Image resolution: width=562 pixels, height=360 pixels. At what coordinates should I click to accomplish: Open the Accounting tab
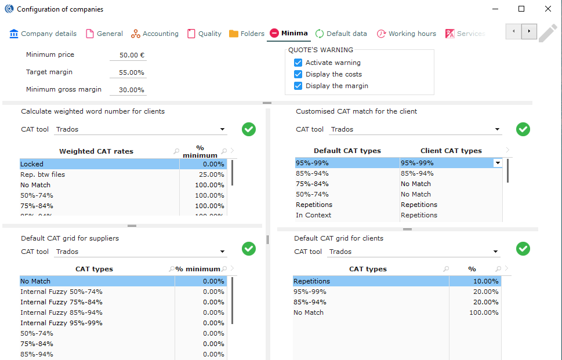coord(155,34)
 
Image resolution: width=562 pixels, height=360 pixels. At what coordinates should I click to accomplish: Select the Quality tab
coord(204,34)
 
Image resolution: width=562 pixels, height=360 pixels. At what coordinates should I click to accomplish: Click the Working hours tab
coord(407,34)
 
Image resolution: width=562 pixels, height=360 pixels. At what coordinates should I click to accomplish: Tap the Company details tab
coord(43,34)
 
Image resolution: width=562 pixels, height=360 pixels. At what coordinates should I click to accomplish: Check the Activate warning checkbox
coord(298,63)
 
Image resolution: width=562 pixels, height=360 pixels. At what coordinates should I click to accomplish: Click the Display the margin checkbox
coord(298,86)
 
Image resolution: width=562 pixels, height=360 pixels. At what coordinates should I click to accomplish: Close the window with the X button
coord(548,9)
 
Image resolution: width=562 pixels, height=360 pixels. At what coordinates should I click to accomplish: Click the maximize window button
coord(521,9)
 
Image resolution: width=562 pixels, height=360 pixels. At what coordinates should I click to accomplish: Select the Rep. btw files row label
coord(42,174)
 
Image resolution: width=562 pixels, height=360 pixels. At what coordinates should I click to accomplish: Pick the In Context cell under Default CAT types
coord(314,215)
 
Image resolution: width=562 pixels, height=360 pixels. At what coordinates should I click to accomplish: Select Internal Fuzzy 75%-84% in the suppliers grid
coord(61,302)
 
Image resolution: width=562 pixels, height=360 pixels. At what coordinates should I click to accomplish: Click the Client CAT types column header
coord(451,151)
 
